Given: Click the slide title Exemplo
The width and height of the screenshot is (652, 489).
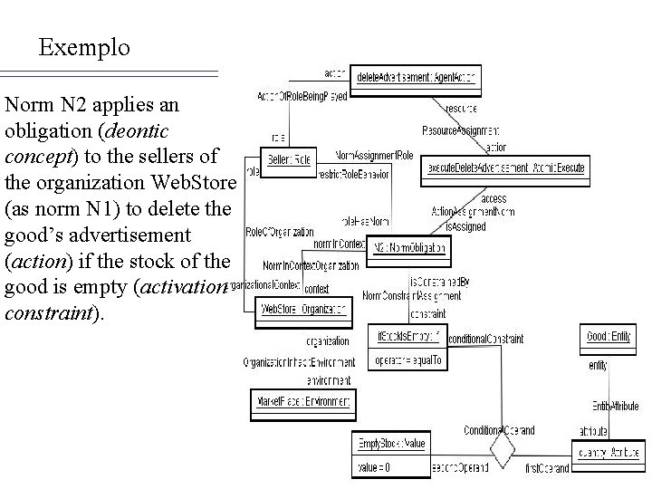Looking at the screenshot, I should click(x=84, y=46).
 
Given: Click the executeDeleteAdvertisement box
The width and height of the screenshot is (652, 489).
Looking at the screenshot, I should click(x=506, y=168).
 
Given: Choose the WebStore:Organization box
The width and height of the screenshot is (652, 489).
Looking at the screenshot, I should click(x=302, y=310).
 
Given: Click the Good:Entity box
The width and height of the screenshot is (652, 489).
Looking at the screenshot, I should click(x=608, y=337).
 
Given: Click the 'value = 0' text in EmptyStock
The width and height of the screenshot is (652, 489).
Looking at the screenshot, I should click(x=375, y=467).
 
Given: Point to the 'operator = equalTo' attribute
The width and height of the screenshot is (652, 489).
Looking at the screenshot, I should click(x=408, y=360).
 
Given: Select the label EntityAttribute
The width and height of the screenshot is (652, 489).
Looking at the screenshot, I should click(x=615, y=405).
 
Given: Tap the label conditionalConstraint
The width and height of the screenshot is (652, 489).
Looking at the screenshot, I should click(x=485, y=339).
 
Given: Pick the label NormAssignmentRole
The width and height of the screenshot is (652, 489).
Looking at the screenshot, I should click(x=374, y=155).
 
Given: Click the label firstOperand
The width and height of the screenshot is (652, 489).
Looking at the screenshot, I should click(x=547, y=468).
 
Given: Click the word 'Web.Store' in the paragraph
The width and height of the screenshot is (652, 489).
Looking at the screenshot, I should click(x=196, y=184).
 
